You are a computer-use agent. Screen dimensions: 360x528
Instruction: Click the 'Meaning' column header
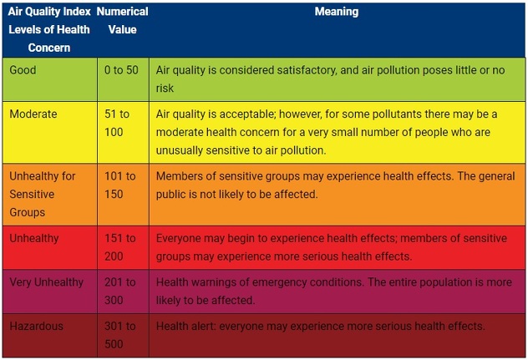coord(337,13)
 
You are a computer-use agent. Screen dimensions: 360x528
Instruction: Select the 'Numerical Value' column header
coord(122,21)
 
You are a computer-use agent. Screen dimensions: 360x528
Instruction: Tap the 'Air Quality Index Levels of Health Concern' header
coord(49,29)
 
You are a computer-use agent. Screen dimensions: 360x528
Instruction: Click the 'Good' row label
coord(23,70)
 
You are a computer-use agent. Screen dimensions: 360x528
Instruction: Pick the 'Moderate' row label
coord(33,114)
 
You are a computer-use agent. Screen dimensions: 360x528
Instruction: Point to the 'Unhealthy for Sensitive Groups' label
coord(42,194)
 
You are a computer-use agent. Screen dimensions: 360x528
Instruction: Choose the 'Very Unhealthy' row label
coord(47,282)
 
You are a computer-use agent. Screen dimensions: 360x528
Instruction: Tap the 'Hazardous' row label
coord(36,326)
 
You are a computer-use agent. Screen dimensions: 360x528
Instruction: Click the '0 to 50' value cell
coord(121,70)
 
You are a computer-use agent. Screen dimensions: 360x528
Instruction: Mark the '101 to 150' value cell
coord(119,185)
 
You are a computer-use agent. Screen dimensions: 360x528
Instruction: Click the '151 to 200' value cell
coord(119,247)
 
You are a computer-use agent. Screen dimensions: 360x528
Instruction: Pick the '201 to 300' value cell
coord(119,292)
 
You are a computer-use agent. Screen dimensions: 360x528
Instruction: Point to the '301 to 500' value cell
coord(119,335)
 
